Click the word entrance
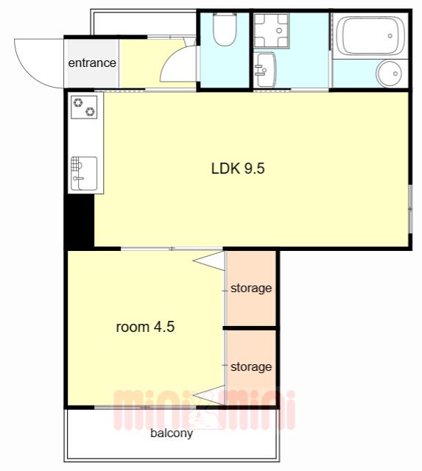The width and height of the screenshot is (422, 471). click(x=92, y=63)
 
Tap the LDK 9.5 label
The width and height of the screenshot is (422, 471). click(x=238, y=169)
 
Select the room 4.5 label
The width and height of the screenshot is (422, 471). click(x=145, y=327)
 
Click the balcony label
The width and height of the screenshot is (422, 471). click(x=172, y=433)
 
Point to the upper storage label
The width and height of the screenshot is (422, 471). click(x=251, y=288)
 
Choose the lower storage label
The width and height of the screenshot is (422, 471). click(x=251, y=366)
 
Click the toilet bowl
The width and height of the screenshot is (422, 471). click(x=225, y=29)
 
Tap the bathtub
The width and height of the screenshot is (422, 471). click(x=370, y=35)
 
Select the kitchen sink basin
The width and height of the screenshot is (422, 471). click(x=84, y=174)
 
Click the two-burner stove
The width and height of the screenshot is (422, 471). click(x=84, y=107)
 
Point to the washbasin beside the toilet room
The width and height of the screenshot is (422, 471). click(x=265, y=70)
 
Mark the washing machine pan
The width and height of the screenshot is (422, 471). click(x=272, y=30)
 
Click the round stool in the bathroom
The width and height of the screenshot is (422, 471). click(x=390, y=74)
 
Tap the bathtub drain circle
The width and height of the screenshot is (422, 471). click(x=390, y=36)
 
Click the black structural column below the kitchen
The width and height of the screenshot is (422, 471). click(x=80, y=221)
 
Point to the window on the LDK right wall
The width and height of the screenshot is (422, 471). click(x=410, y=209)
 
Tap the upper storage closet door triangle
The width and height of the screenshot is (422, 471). click(x=209, y=261)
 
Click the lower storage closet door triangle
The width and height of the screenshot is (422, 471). click(x=209, y=394)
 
